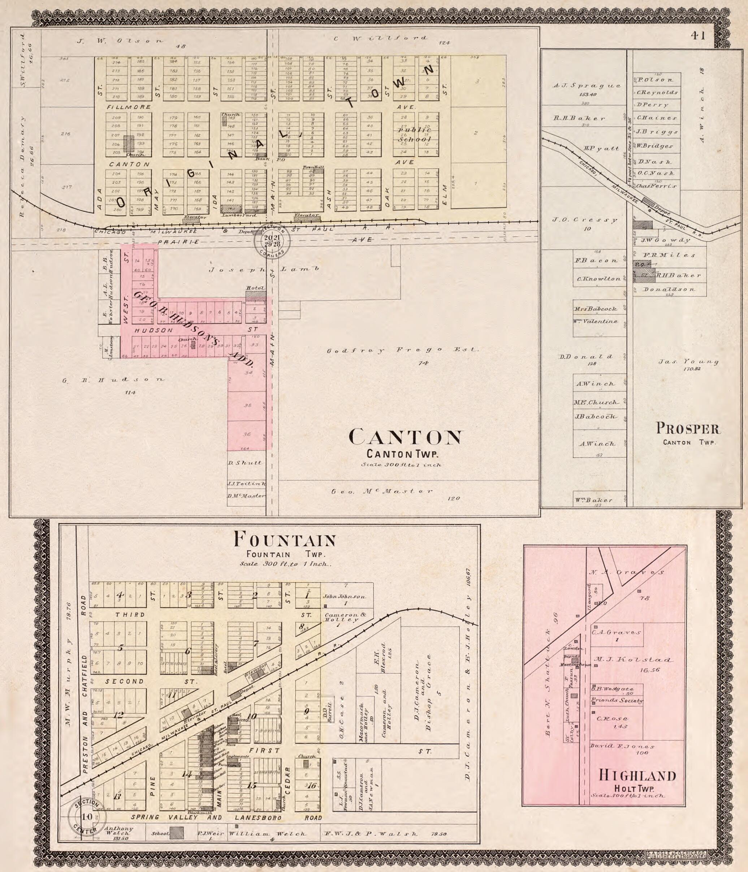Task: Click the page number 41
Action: (697, 36)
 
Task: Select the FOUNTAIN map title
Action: (285, 540)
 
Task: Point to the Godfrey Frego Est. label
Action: (403, 350)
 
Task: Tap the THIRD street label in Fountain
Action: (131, 615)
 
